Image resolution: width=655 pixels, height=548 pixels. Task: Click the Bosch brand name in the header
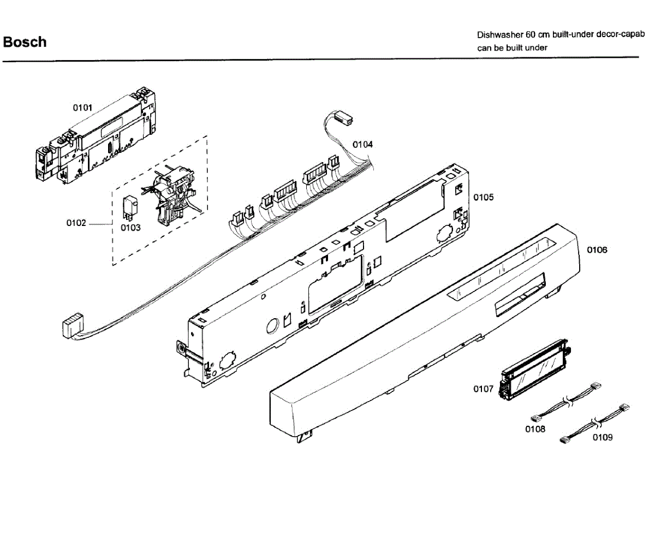pyautogui.click(x=25, y=42)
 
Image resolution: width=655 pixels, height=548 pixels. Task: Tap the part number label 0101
pyautogui.click(x=82, y=108)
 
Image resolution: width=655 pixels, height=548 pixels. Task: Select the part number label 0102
pyautogui.click(x=76, y=223)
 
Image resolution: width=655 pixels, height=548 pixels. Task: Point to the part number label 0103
pyautogui.click(x=130, y=227)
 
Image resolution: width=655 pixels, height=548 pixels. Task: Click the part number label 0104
pyautogui.click(x=362, y=145)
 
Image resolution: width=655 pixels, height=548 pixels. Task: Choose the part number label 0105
pyautogui.click(x=483, y=196)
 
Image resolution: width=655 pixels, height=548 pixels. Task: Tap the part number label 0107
pyautogui.click(x=483, y=389)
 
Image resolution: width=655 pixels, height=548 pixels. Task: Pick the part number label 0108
pyautogui.click(x=535, y=429)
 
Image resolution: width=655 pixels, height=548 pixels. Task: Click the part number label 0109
pyautogui.click(x=603, y=437)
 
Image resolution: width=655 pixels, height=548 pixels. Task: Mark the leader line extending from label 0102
pyautogui.click(x=100, y=224)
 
